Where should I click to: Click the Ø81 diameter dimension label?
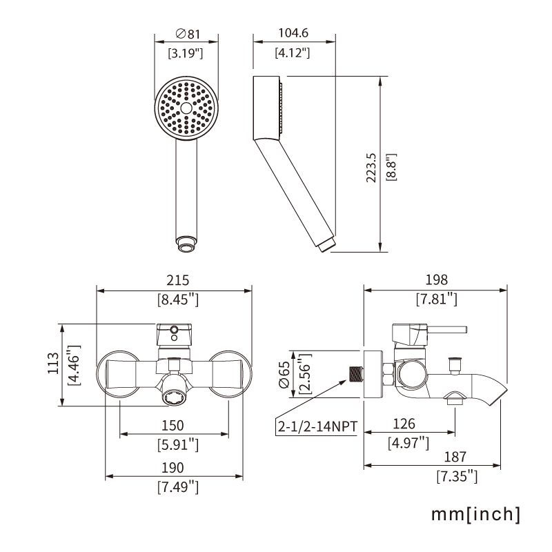point(188,34)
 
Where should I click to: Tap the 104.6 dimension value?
point(293,32)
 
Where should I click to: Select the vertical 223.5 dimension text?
point(371,168)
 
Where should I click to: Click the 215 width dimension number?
point(178,280)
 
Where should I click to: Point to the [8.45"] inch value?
point(178,299)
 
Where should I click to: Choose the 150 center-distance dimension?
point(172,425)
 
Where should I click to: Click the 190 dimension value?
point(172,468)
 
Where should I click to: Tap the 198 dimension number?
point(437,279)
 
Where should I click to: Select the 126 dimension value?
point(404,424)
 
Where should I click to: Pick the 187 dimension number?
point(455,457)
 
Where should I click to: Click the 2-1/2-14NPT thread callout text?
point(317,426)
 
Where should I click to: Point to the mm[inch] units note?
point(475,514)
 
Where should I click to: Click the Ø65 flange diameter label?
point(284,374)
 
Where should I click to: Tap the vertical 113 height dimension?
point(53,364)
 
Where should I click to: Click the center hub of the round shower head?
point(186,108)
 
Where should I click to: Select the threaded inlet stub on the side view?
point(356,374)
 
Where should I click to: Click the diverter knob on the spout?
point(455,365)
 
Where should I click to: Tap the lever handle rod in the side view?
point(447,330)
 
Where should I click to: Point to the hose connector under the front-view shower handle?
point(186,244)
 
